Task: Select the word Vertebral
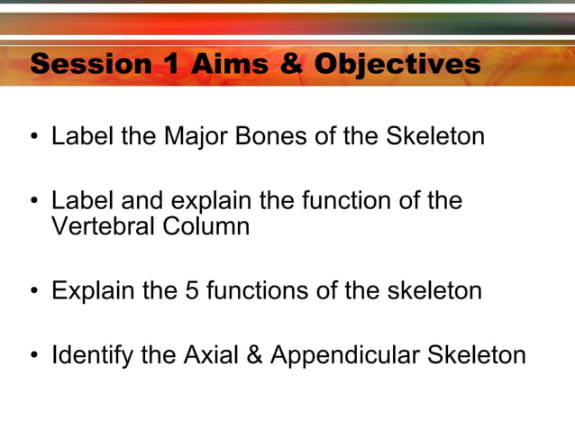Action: (x=103, y=226)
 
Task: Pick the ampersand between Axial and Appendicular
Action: (x=254, y=355)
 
